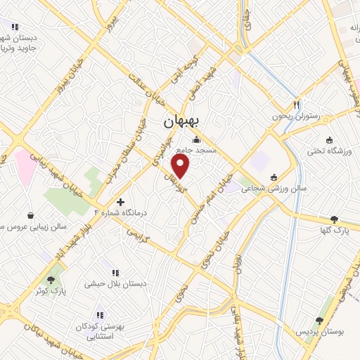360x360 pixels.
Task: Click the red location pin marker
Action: [x=181, y=167]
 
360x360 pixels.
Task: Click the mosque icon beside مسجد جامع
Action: [x=195, y=139]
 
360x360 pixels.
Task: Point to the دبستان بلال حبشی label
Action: [x=115, y=283]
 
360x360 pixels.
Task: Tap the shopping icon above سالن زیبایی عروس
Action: [x=31, y=215]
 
